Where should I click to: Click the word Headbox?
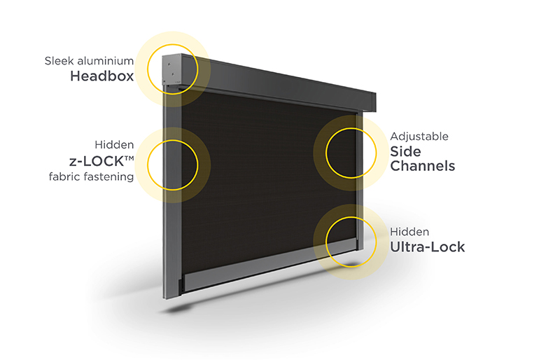click(x=101, y=76)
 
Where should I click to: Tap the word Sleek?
click(x=59, y=61)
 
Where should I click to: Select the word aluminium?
click(x=106, y=61)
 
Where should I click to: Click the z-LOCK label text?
click(x=97, y=160)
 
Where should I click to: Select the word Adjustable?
click(x=419, y=137)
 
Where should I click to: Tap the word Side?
click(x=405, y=151)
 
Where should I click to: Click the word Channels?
click(x=423, y=166)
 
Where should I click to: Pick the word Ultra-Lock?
click(x=427, y=247)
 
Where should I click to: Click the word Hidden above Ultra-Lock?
click(x=409, y=232)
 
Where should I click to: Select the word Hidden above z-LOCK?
click(x=114, y=145)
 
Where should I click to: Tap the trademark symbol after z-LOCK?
click(x=129, y=158)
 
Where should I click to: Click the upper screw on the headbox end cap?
click(x=169, y=64)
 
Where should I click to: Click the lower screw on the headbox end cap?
click(x=173, y=74)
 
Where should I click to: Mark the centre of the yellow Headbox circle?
click(x=173, y=69)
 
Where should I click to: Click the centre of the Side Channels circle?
click(x=351, y=153)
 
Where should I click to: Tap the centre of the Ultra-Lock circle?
click(x=351, y=242)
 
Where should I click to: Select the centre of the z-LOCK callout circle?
click(x=173, y=165)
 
